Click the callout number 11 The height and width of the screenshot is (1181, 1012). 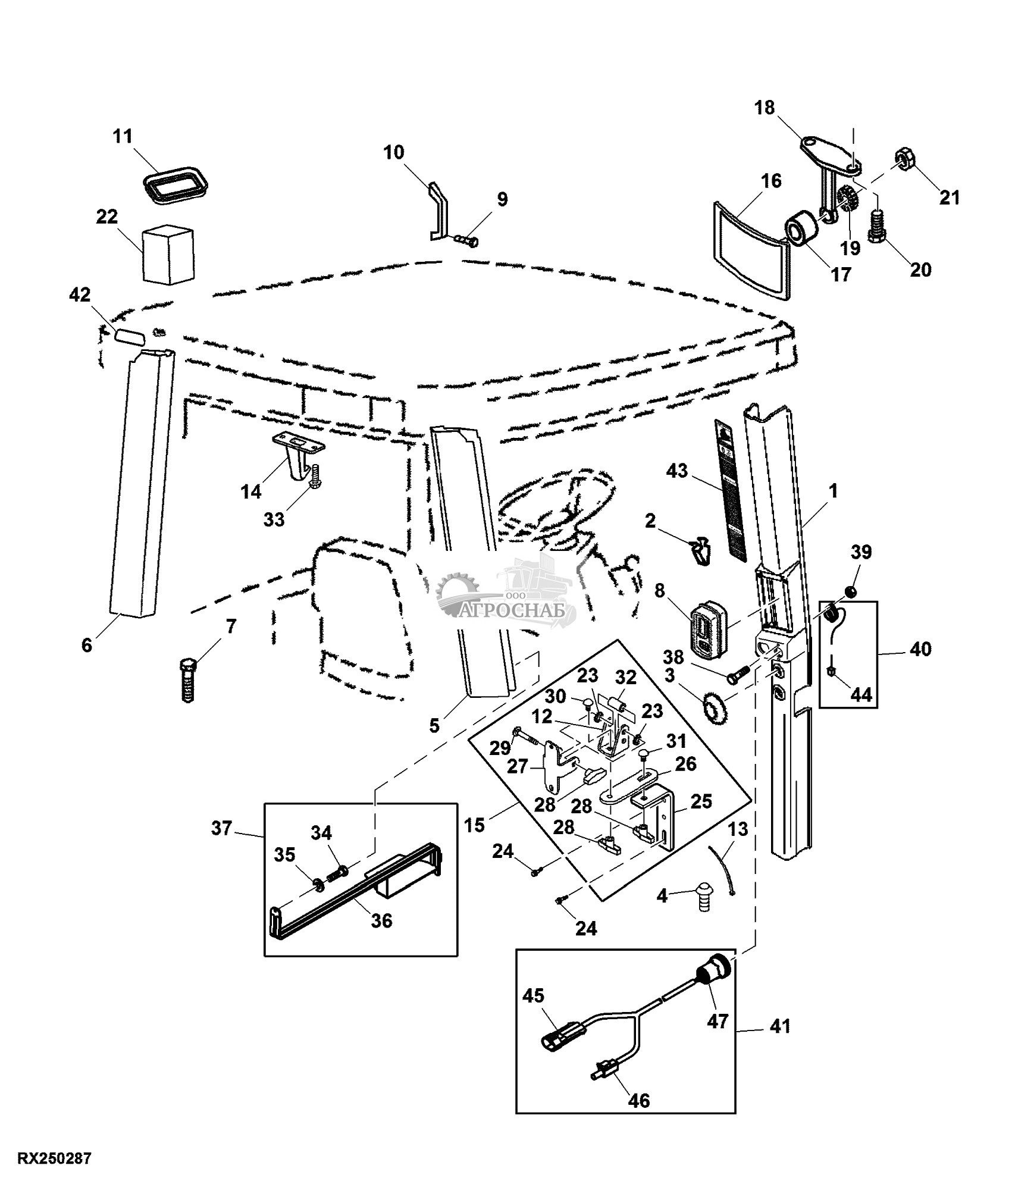pos(123,136)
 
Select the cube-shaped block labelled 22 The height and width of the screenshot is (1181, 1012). pos(168,253)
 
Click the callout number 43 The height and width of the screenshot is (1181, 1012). pos(677,471)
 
